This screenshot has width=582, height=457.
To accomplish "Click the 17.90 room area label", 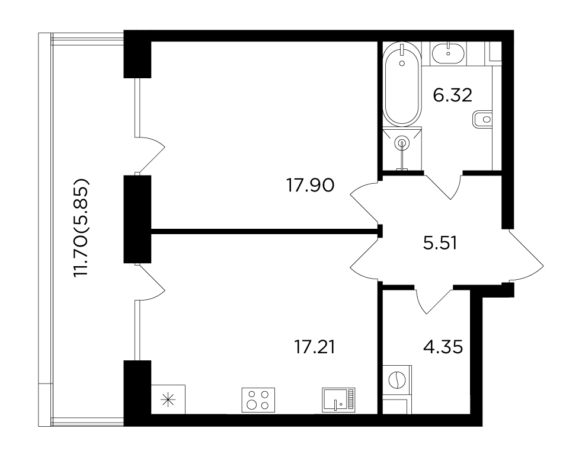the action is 311,186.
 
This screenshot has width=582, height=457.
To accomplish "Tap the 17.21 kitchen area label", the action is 314,347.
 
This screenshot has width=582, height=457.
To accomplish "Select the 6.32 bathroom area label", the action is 452,95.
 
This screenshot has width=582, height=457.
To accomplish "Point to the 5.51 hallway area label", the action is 440,244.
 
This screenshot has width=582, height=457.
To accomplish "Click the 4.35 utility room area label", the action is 443,347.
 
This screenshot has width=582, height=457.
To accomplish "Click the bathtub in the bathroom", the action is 402,84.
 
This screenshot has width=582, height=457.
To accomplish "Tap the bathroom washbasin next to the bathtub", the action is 449,53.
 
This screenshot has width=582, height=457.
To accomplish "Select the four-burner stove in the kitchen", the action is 258,400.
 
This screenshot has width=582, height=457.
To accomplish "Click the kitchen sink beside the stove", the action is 338,400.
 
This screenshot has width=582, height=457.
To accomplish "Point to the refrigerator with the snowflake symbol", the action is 168,399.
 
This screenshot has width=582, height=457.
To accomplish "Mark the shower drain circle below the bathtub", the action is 402,142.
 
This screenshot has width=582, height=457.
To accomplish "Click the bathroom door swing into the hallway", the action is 443,185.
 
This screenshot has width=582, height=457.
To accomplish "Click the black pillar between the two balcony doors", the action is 137,219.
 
